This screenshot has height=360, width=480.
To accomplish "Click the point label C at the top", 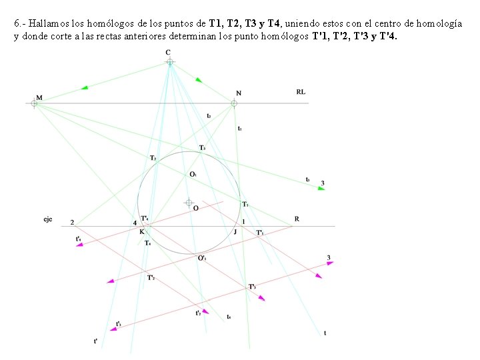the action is (x=168, y=53).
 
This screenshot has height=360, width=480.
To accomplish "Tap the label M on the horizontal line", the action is (x=39, y=97).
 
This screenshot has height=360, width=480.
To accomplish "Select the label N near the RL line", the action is (x=239, y=93).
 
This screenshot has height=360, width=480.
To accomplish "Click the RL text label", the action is (x=301, y=92).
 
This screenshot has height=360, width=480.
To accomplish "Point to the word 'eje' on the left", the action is (x=48, y=219).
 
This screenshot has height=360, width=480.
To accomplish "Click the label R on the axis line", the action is (x=297, y=219).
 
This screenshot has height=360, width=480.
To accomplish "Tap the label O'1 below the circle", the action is (x=201, y=258).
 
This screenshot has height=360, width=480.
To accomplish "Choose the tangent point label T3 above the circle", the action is (x=202, y=147).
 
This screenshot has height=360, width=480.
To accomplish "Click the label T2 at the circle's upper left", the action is (x=153, y=158).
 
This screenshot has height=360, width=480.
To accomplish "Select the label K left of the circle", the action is (x=141, y=232).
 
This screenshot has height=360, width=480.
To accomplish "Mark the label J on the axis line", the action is (x=235, y=232).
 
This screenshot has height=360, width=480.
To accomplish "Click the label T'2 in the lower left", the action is (x=151, y=277).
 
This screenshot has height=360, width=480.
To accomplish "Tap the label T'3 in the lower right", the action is (x=252, y=287).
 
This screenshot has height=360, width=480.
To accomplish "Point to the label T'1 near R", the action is (x=260, y=233).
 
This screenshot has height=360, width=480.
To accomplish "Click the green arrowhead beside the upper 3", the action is (x=321, y=189).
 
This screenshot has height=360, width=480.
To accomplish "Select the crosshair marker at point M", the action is (x=34, y=103).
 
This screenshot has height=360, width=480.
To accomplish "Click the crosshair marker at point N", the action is (x=234, y=103).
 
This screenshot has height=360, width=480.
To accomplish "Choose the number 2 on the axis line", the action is (x=72, y=223).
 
